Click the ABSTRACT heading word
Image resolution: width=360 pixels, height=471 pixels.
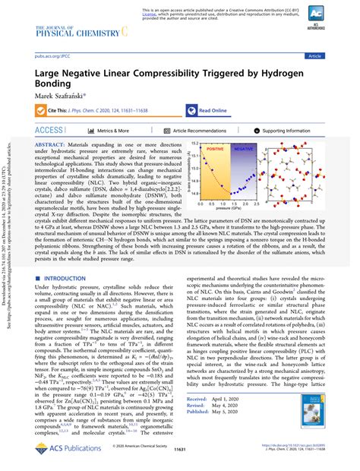[49, 144]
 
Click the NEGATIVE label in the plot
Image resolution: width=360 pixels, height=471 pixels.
[243, 150]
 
